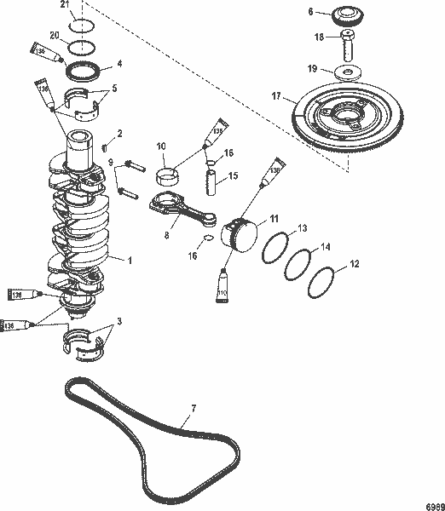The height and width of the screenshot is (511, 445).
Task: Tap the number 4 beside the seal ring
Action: pos(118,62)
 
